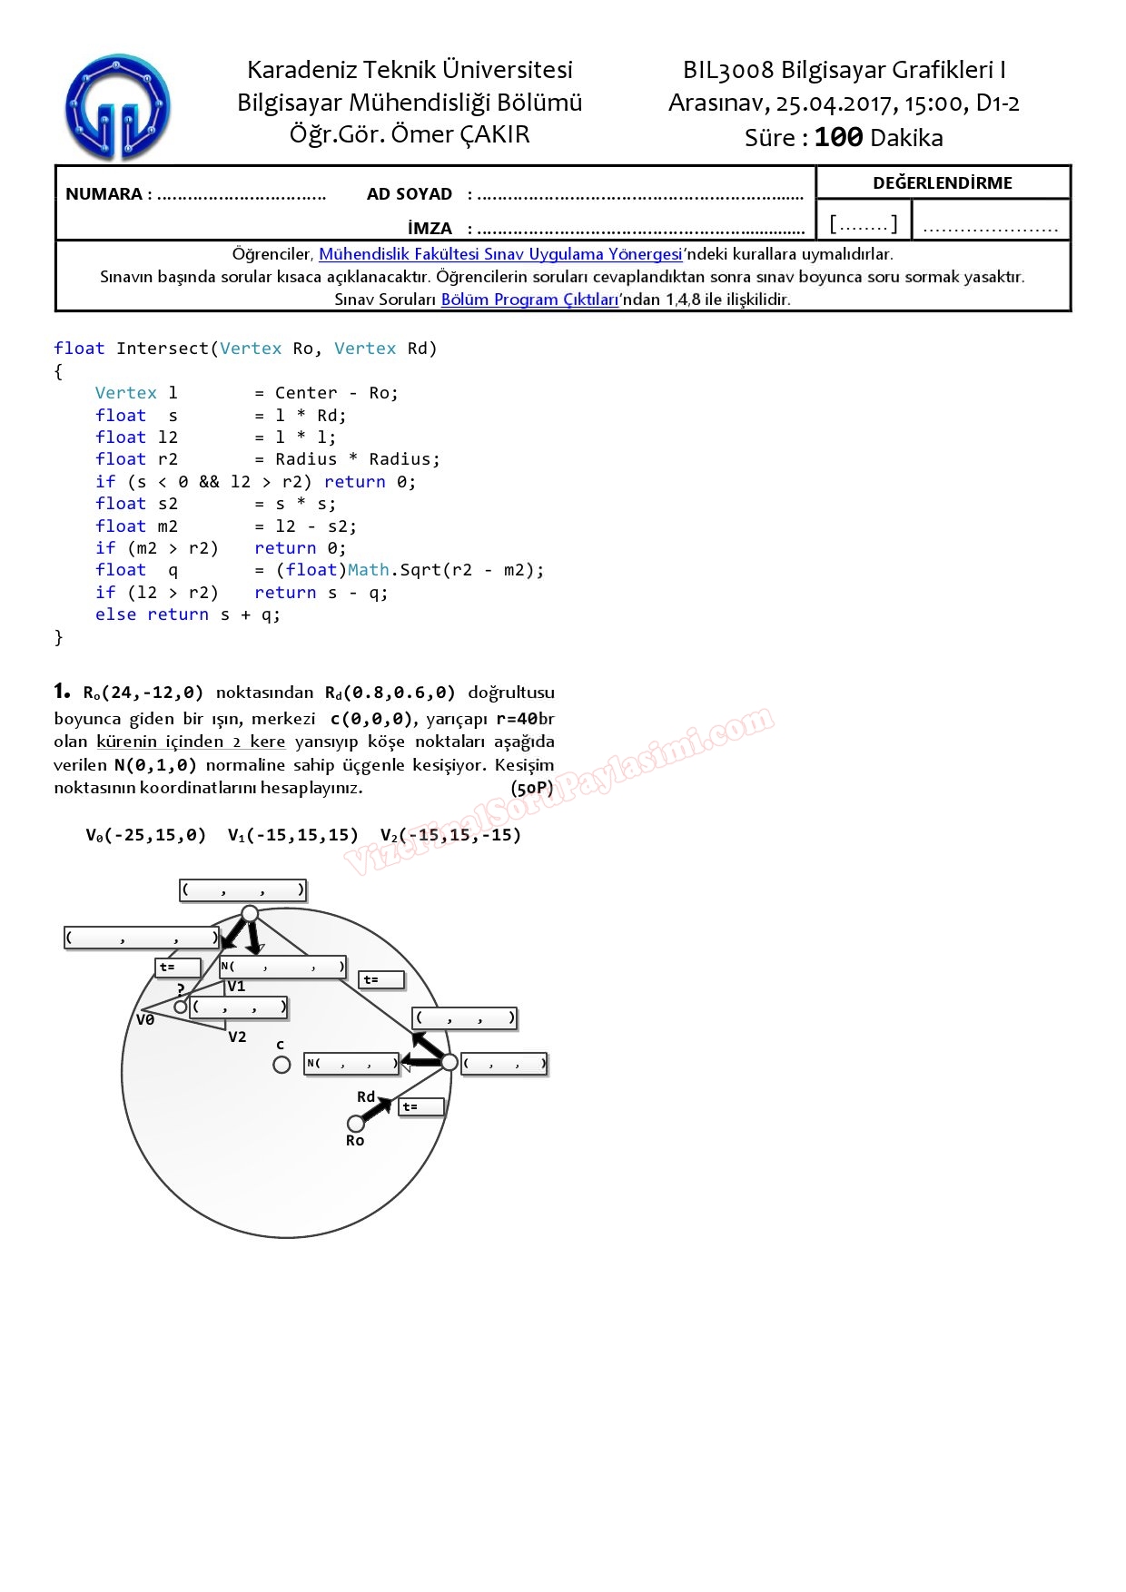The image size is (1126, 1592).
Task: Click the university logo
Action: [x=117, y=107]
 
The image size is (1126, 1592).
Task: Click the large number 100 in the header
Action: [x=838, y=137]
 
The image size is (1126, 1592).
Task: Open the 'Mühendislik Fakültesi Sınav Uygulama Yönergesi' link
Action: [x=500, y=254]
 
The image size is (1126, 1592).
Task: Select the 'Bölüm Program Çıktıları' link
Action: [x=529, y=300]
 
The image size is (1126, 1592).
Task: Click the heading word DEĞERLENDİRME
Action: [x=943, y=182]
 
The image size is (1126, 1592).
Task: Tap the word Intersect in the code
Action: [x=163, y=349]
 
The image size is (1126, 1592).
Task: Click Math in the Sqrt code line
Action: [x=368, y=570]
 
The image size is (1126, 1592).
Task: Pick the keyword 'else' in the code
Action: [x=115, y=614]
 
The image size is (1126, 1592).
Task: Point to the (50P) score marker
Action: [x=532, y=788]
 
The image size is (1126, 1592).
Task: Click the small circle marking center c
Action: [x=281, y=1064]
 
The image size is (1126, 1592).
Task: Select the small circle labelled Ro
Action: [x=356, y=1124]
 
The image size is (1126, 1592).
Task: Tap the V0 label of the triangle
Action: [x=145, y=1019]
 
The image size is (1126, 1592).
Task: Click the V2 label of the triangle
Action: [x=237, y=1037]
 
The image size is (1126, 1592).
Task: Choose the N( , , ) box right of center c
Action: [x=352, y=1063]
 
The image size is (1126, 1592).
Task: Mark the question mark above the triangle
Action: [x=181, y=989]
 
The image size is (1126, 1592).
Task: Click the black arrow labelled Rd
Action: [x=377, y=1109]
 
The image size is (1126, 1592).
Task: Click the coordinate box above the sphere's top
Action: [x=242, y=890]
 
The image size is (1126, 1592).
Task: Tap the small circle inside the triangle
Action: [x=181, y=1007]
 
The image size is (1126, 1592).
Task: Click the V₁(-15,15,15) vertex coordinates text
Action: [x=293, y=835]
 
